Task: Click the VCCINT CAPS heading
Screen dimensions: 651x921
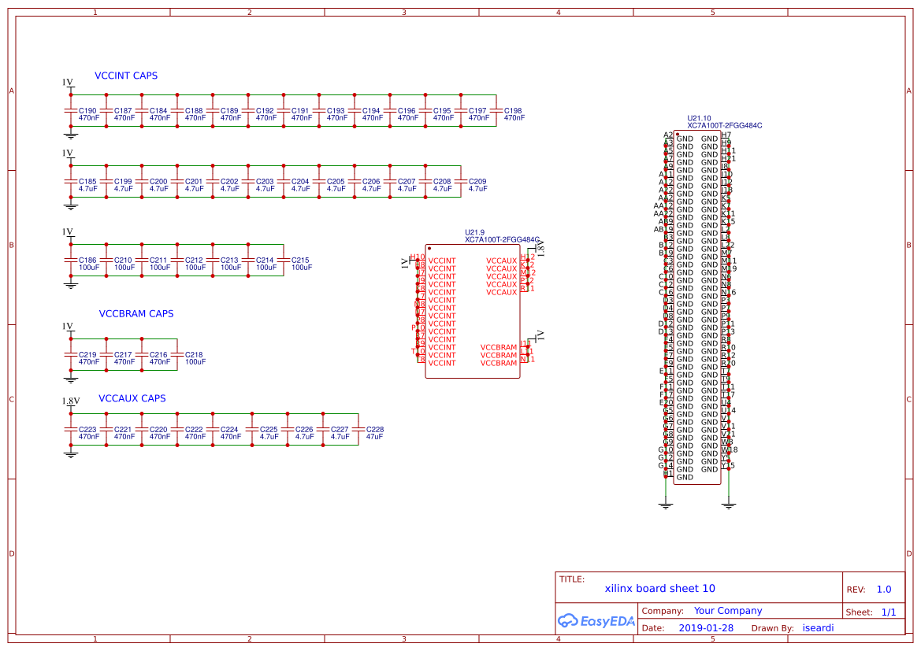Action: (126, 76)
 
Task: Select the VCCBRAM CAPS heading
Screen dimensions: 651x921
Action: (136, 313)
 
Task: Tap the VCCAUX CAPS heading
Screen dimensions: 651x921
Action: (132, 398)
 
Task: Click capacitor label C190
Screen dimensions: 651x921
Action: (87, 111)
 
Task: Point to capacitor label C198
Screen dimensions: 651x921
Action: (513, 111)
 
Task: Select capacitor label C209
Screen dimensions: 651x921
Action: (477, 182)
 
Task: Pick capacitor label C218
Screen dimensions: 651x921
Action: (194, 355)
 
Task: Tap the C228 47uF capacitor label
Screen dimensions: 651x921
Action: (375, 430)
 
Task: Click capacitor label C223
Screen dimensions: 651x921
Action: (87, 430)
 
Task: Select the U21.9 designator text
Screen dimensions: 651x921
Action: (475, 232)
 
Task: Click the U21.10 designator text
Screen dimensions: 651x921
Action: (699, 118)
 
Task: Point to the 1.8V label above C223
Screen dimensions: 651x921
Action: (71, 401)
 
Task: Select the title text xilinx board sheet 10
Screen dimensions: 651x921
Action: (659, 588)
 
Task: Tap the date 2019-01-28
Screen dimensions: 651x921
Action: (706, 628)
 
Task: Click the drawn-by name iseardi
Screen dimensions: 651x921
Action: (818, 628)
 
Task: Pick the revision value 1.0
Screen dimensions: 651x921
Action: (883, 590)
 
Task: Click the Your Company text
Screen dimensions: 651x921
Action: (728, 611)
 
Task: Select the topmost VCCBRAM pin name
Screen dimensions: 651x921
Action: (499, 347)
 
